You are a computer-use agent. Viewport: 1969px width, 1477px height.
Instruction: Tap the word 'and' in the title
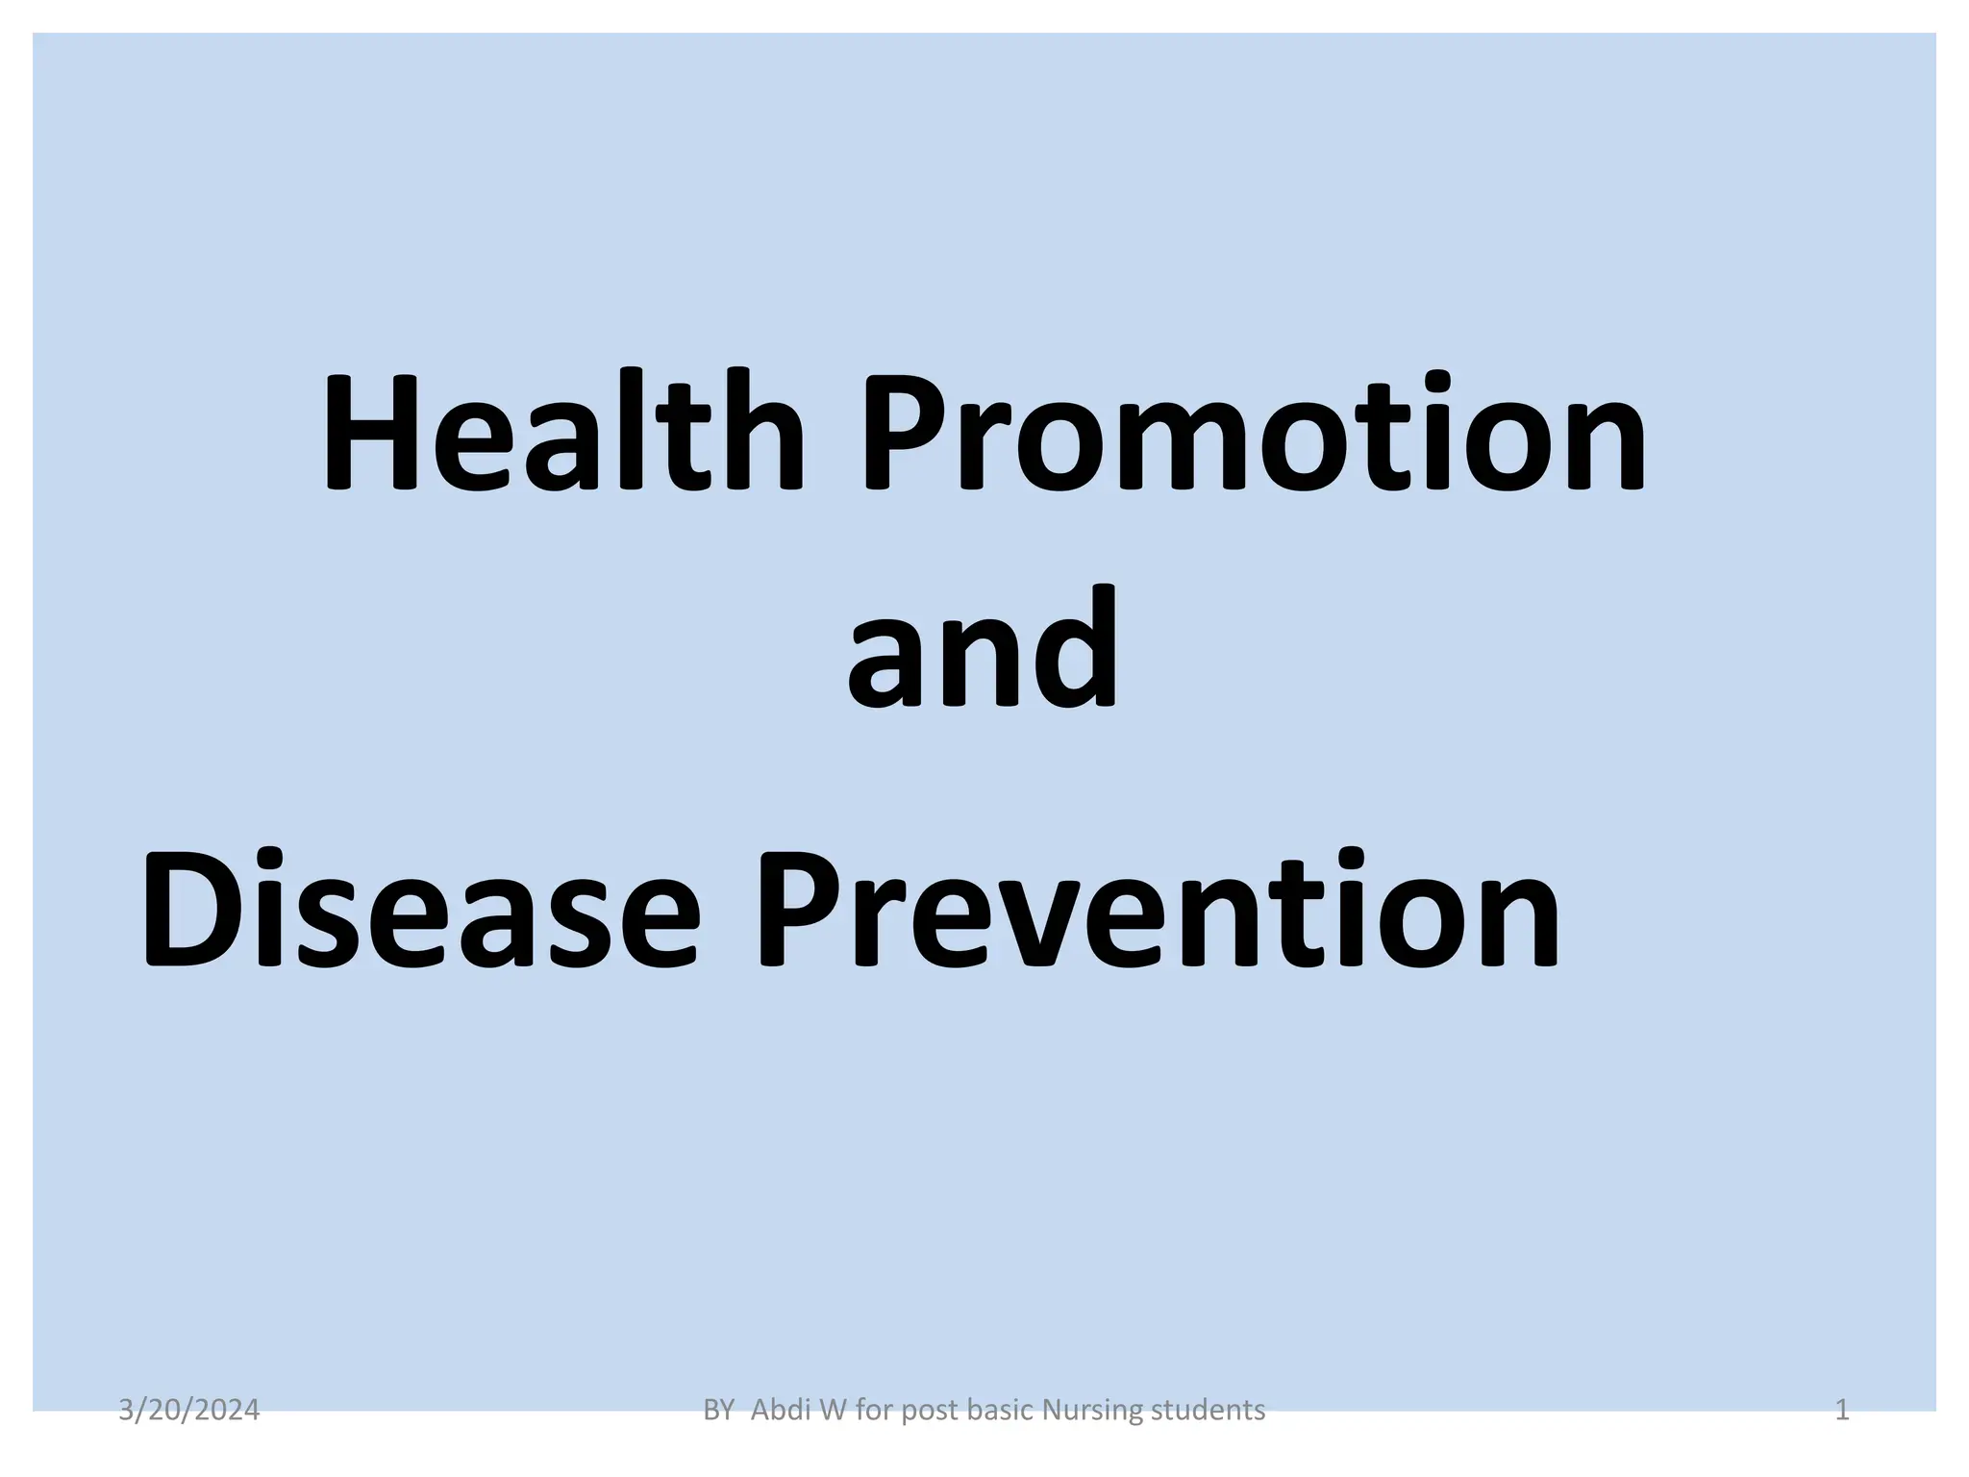coord(983,650)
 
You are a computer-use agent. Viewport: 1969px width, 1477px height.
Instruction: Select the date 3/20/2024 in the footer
coord(188,1411)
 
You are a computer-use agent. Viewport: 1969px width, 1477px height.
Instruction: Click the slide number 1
coord(1842,1411)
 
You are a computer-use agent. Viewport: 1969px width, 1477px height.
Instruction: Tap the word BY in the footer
coord(718,1411)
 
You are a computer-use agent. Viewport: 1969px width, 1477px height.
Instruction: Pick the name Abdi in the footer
coord(779,1411)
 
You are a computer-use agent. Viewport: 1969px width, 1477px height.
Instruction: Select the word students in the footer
coord(1208,1411)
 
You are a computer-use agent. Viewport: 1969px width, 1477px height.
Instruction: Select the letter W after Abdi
coord(833,1411)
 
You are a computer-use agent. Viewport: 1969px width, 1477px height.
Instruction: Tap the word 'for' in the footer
coord(874,1411)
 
